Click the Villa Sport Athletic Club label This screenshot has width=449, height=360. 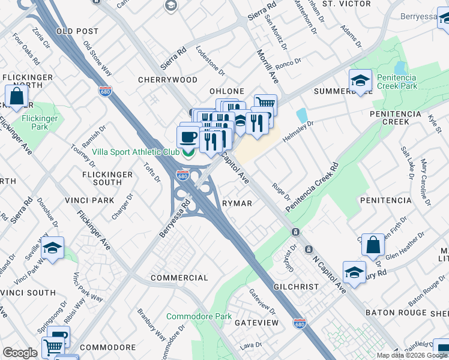click(137, 152)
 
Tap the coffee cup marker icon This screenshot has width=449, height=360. click(188, 137)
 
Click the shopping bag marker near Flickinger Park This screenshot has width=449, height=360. click(17, 96)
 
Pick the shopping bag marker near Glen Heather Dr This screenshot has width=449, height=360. click(373, 244)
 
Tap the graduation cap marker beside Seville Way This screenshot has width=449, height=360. click(52, 248)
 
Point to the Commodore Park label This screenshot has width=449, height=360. click(199, 316)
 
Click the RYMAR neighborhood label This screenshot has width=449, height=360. click(237, 203)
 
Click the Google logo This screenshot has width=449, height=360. click(20, 353)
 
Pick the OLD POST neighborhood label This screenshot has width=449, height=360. click(77, 31)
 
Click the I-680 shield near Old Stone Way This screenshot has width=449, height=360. click(106, 91)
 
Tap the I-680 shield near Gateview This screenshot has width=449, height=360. click(300, 323)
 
